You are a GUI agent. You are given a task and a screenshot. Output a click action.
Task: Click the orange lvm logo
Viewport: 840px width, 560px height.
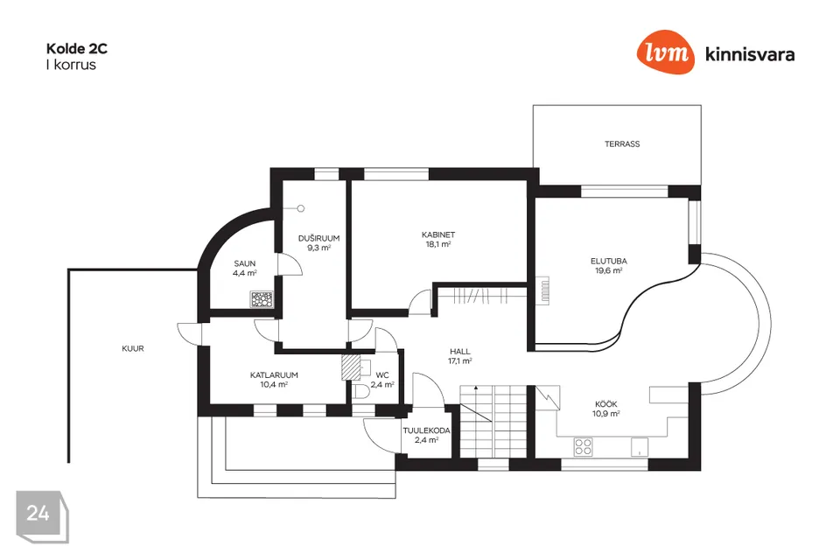pos(665,52)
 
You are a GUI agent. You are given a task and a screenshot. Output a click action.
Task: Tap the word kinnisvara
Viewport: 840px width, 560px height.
pos(750,54)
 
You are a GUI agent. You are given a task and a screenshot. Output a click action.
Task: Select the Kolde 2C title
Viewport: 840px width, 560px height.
pos(77,49)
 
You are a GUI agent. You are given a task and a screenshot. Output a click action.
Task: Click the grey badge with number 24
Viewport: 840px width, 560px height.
pos(42,516)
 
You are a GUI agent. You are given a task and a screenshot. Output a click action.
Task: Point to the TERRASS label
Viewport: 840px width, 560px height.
pos(622,144)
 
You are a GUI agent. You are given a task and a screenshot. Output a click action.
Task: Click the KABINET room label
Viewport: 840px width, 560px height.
pos(438,234)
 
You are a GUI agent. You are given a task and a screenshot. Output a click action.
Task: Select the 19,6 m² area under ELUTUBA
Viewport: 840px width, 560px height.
pos(609,270)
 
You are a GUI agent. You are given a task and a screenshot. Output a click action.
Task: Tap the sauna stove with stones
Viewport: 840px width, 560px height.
pos(262,299)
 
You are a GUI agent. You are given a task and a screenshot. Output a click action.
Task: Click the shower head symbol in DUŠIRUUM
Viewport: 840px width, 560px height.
pos(300,208)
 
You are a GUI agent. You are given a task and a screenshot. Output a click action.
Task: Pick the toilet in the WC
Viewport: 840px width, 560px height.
pos(361,391)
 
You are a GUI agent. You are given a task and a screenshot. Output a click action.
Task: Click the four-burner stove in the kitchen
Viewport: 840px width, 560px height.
pos(583,446)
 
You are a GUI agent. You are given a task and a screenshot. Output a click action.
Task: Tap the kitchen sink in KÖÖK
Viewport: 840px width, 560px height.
pos(639,447)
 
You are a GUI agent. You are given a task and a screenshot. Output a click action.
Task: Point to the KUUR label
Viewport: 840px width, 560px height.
pos(133,348)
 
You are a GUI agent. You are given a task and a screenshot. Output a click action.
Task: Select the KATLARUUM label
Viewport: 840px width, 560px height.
pos(274,375)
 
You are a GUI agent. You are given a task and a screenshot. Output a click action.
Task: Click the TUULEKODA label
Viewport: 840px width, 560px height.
pos(426,430)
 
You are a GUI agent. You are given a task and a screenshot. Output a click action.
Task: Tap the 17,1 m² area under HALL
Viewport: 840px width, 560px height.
pos(459,361)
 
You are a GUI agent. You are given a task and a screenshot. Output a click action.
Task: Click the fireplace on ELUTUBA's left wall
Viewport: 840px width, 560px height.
pos(542,291)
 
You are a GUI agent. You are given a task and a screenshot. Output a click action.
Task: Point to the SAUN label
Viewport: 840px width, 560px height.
pos(245,263)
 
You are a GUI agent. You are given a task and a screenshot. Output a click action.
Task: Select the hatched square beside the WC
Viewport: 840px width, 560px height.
pos(351,368)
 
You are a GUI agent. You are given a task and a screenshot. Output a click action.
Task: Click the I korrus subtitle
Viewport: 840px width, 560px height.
pos(71,65)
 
